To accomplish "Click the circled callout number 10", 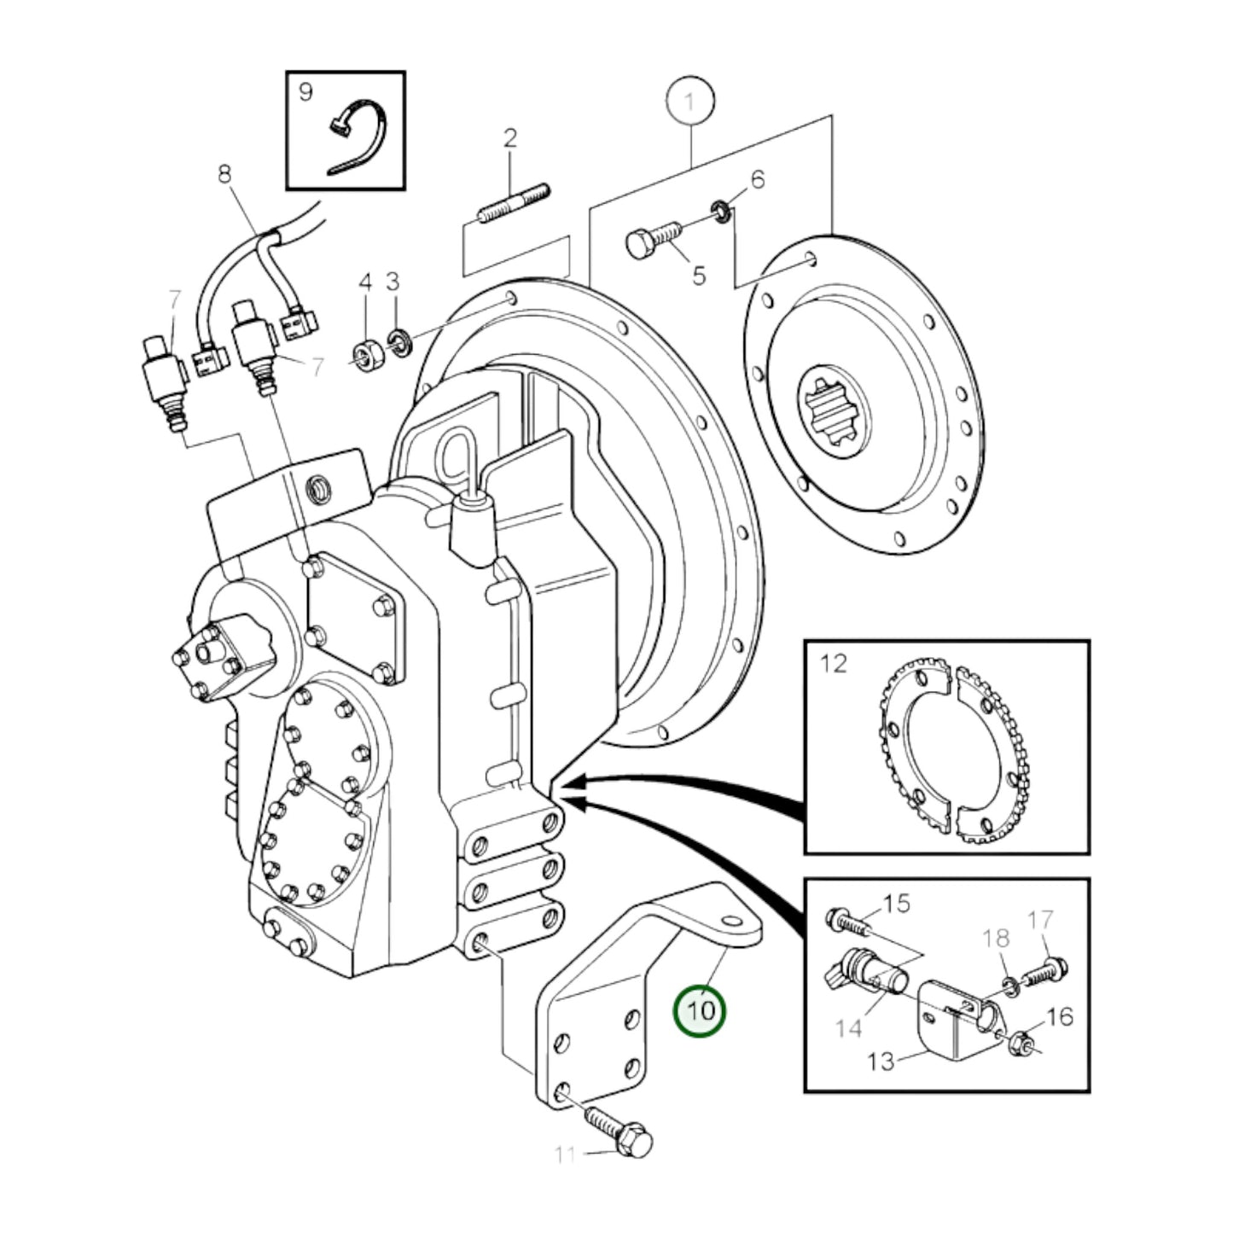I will click(x=700, y=1011).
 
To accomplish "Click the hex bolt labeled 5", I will click(x=652, y=238).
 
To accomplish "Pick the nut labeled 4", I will click(x=367, y=355).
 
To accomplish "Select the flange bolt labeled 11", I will click(x=620, y=1132).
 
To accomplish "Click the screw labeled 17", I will click(x=1045, y=972).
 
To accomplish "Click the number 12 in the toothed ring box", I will click(x=834, y=664).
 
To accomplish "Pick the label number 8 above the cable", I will click(x=224, y=174).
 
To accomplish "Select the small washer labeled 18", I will click(x=1009, y=986).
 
